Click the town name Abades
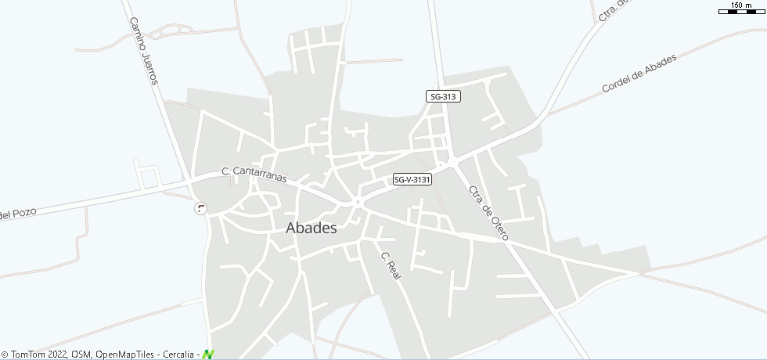(x=311, y=229)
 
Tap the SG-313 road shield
(x=443, y=96)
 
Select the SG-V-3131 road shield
(x=412, y=179)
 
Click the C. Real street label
(x=391, y=267)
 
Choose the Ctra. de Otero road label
(x=488, y=212)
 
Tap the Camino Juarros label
(x=144, y=51)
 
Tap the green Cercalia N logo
(x=208, y=355)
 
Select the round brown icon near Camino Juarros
(x=201, y=208)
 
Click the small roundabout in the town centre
(x=357, y=203)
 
